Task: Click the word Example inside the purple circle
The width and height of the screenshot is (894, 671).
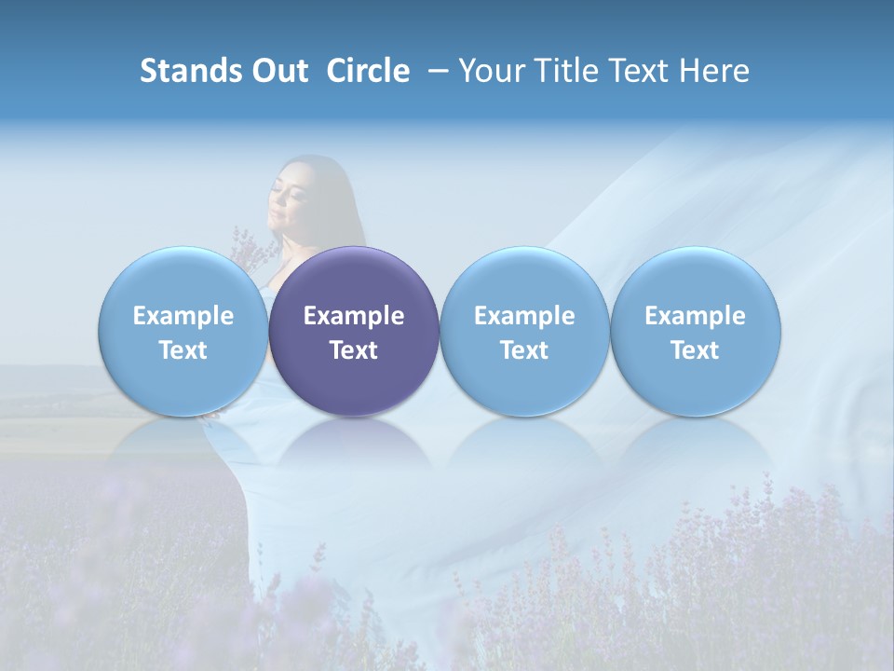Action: [354, 316]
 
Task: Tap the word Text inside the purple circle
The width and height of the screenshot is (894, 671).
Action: [354, 350]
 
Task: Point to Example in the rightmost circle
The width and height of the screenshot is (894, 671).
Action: [696, 316]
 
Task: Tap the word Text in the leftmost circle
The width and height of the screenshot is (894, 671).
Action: [183, 350]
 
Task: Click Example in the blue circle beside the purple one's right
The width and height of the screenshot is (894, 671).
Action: [524, 316]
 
